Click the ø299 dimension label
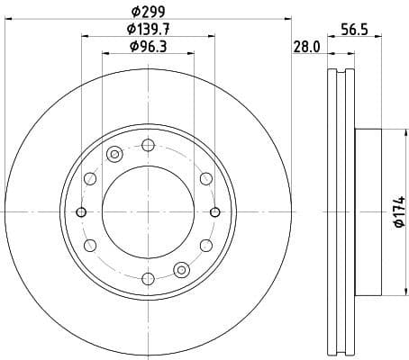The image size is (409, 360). [149, 11]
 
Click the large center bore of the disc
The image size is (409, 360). [148, 211]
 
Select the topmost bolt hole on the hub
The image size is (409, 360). [148, 144]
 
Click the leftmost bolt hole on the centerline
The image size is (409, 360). [81, 211]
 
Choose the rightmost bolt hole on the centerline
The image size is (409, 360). [215, 211]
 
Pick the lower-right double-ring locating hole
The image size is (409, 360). [182, 269]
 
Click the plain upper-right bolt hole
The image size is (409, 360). [206, 178]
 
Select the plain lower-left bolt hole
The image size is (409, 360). [89, 245]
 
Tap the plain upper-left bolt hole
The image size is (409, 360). [89, 178]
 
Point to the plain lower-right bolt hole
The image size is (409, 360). [206, 245]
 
